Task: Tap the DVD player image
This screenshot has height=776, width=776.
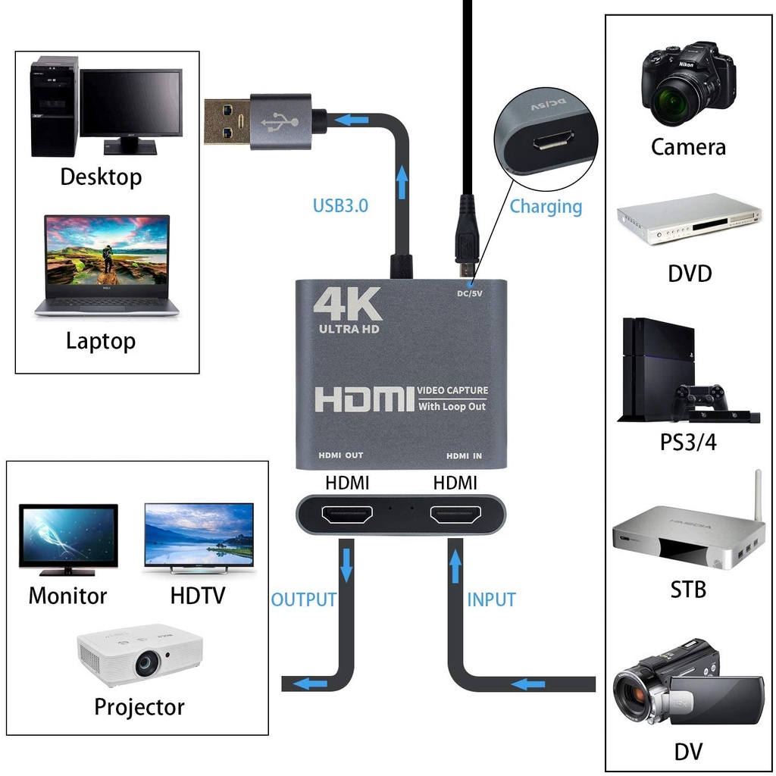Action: click(688, 219)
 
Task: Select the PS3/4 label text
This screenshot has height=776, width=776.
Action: click(688, 441)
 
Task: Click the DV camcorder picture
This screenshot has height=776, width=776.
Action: click(686, 683)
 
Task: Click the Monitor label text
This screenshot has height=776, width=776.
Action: click(67, 596)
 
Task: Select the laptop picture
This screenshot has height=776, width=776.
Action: click(107, 264)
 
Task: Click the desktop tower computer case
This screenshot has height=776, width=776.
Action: click(54, 106)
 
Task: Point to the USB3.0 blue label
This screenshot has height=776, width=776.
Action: click(340, 205)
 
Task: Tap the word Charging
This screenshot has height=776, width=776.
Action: click(546, 206)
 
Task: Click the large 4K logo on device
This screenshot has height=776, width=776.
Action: click(347, 304)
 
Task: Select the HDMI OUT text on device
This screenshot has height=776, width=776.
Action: click(340, 455)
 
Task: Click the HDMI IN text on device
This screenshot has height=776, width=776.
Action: click(465, 455)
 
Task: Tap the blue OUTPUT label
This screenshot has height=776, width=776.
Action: click(303, 599)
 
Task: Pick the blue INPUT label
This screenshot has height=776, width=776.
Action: click(491, 599)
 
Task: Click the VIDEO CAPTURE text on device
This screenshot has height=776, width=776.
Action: click(453, 391)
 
